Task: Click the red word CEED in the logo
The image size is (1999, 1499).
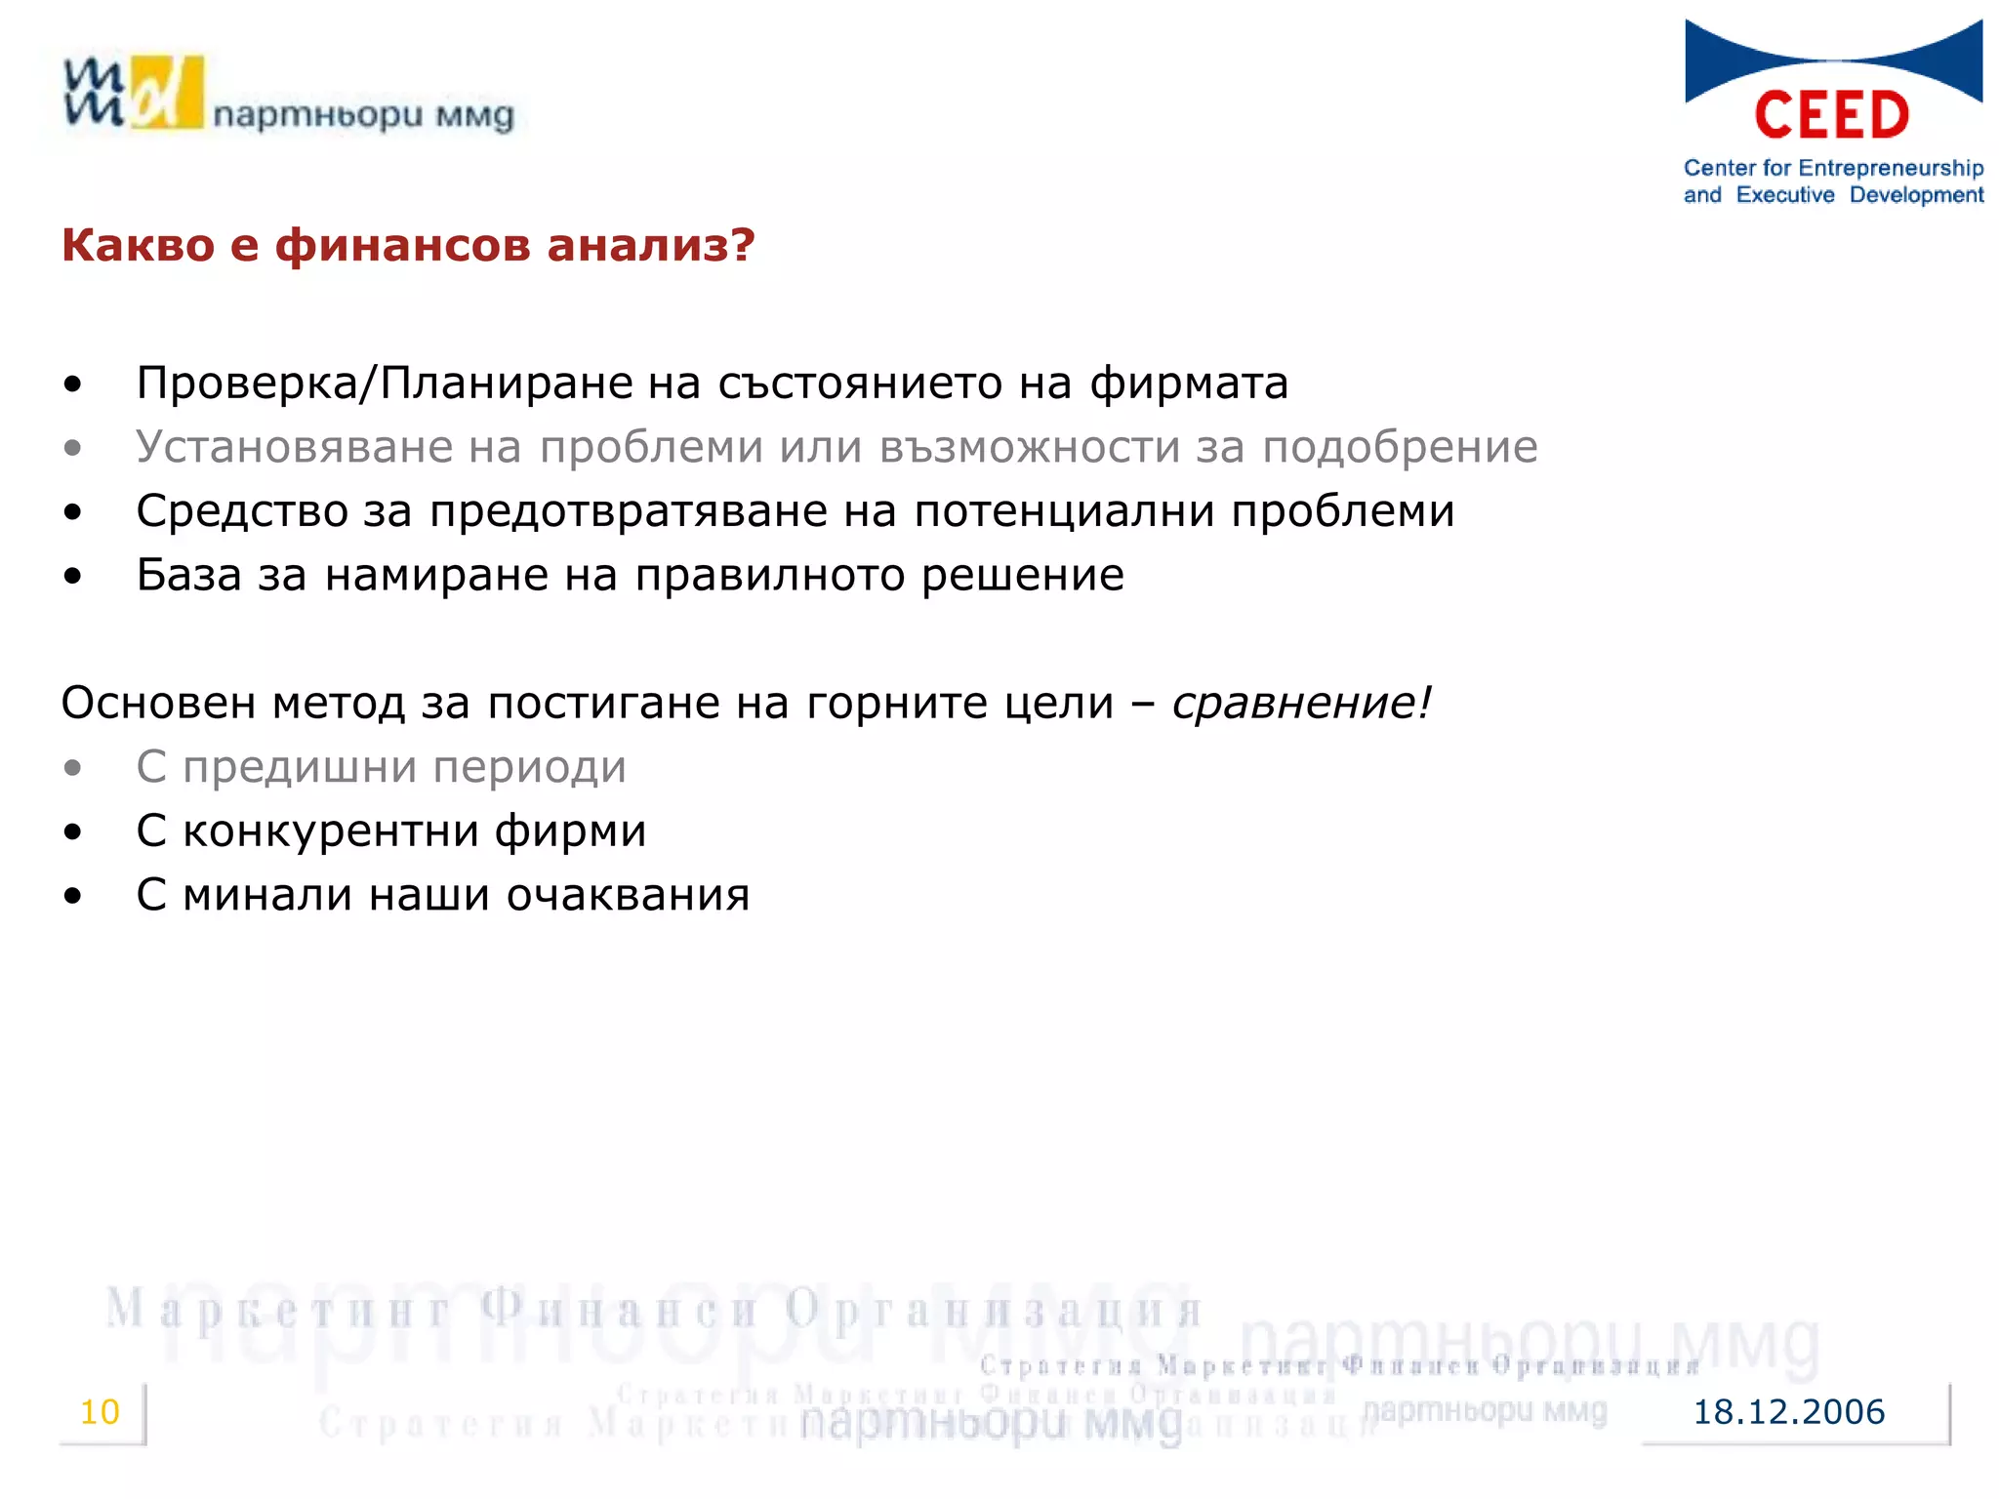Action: coord(1831,115)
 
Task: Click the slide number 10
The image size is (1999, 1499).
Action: coord(100,1411)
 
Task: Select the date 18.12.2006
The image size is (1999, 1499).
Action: coord(1788,1412)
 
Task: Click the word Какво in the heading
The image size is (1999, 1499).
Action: coord(138,245)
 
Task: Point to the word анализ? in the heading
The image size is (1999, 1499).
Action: coord(651,245)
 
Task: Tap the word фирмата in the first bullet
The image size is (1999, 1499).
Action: coord(1189,383)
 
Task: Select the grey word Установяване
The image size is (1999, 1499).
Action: coord(295,447)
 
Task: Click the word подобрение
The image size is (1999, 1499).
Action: coord(1400,447)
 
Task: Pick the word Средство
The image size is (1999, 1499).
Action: coord(242,511)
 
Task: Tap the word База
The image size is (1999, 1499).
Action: coord(188,575)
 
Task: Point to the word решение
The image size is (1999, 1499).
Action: coord(1022,575)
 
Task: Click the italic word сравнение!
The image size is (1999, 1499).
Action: coord(1301,703)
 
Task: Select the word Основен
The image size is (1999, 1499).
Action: coord(158,703)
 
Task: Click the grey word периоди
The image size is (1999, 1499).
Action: coord(529,767)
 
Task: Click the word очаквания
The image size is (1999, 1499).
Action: coord(628,895)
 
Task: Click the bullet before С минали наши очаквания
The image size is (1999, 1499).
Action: coord(73,896)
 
